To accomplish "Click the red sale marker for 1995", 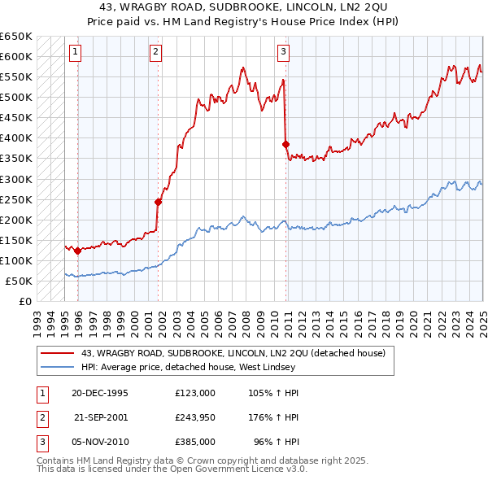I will (77, 251).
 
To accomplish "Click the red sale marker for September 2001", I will (158, 202).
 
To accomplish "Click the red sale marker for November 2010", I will (285, 144).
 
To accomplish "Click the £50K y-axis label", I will (20, 281).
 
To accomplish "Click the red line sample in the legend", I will (55, 352).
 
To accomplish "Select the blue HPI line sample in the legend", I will (55, 367).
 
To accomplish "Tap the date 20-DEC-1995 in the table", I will (99, 392).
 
